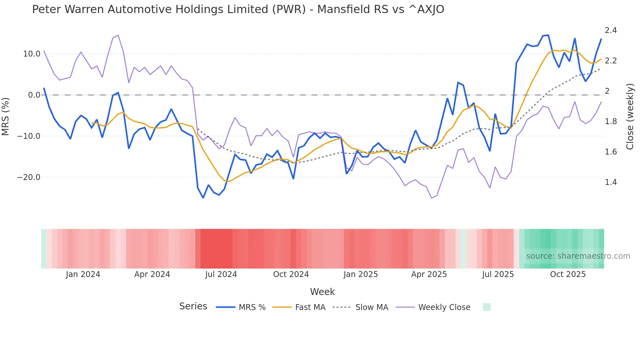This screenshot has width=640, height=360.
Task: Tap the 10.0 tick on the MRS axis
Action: click(32, 54)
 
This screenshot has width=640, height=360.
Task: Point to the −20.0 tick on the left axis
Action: click(29, 177)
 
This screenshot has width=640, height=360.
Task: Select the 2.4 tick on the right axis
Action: click(611, 30)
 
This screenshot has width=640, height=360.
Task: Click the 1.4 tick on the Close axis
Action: click(611, 182)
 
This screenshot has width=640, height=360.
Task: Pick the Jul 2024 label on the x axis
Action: click(221, 274)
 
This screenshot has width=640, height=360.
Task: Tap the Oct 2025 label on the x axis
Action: click(568, 274)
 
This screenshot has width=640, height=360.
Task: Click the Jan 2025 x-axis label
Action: click(360, 274)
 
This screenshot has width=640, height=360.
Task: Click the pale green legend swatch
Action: click(487, 307)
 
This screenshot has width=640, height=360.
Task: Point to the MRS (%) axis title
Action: click(6, 116)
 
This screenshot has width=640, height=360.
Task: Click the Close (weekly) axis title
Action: click(630, 116)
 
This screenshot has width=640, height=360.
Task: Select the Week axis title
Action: click(322, 292)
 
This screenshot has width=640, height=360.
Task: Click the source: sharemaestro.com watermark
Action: click(578, 256)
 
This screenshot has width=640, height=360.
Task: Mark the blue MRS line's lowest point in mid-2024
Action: click(203, 198)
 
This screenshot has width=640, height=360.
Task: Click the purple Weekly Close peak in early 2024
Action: click(118, 35)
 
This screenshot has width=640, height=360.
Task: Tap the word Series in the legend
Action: click(193, 306)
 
